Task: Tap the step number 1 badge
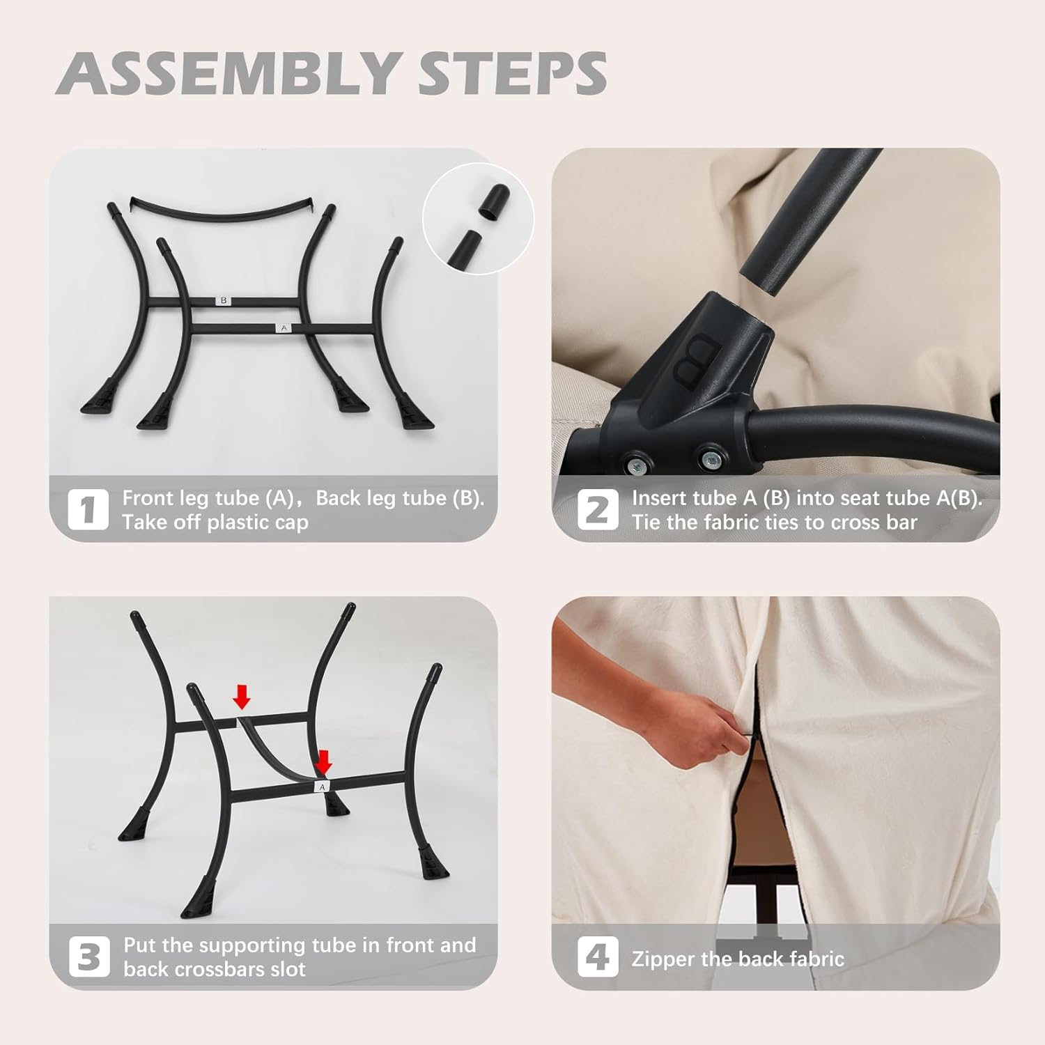pos(88,509)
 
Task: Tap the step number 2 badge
pos(597,509)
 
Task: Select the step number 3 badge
pos(89,957)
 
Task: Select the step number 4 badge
pos(597,957)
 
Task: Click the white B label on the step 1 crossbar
pos(224,301)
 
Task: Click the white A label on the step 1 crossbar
pos(283,327)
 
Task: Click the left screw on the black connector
pos(637,463)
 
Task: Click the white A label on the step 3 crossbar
pos(322,787)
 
